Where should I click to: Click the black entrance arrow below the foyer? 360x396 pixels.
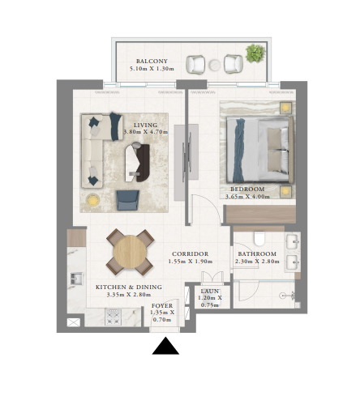[x=165, y=347]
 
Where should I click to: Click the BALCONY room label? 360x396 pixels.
[x=152, y=62]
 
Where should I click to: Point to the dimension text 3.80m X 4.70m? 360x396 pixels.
[x=145, y=132]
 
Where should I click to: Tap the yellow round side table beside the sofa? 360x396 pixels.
[x=92, y=199]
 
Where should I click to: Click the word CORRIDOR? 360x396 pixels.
[x=189, y=253]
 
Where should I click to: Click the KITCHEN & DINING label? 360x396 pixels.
[x=128, y=287]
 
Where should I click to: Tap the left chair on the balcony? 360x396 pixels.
[x=195, y=63]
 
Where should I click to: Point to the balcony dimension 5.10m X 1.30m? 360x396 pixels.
[x=152, y=69]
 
